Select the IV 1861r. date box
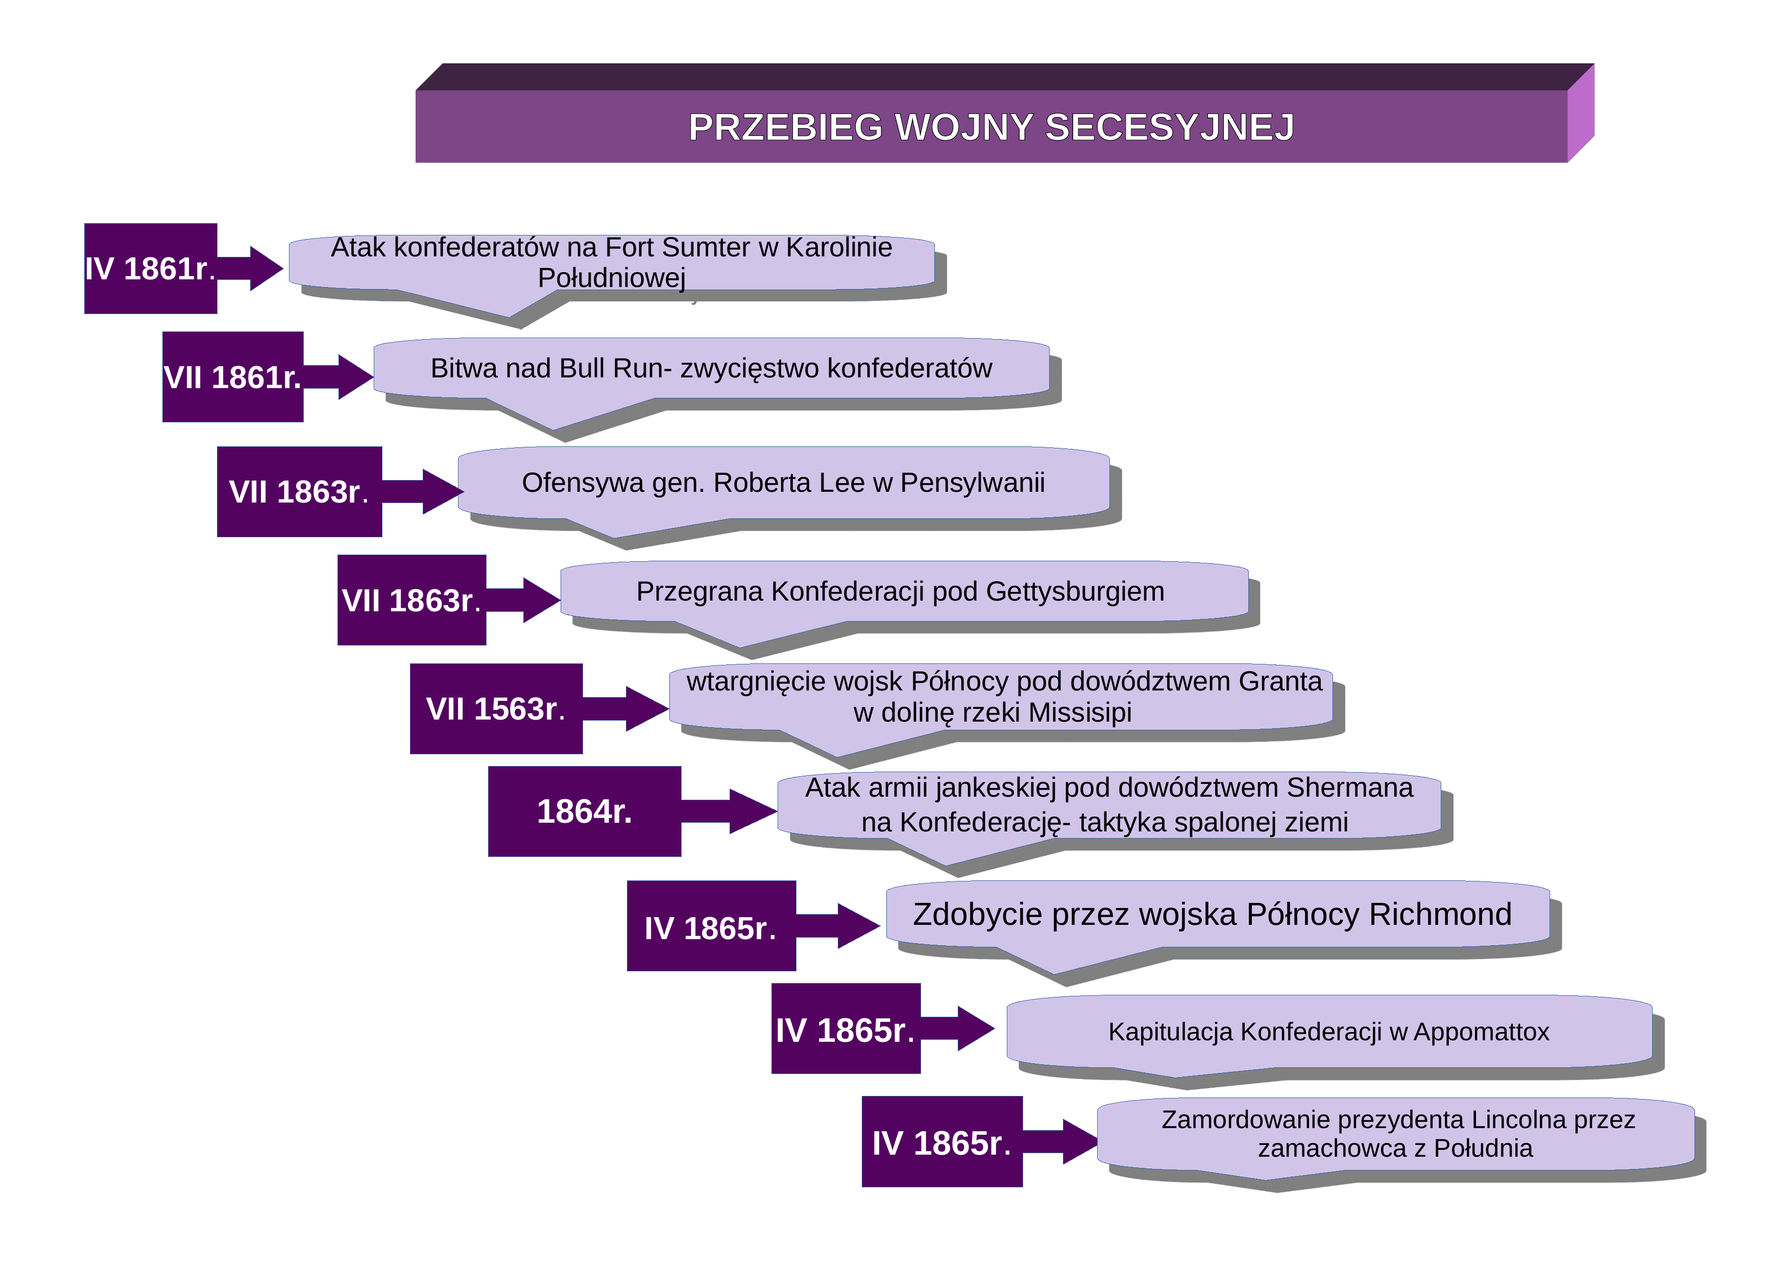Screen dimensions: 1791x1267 (151, 269)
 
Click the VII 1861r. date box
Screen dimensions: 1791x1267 (232, 377)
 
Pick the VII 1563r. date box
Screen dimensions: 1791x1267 (496, 708)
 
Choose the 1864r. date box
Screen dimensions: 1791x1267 (584, 811)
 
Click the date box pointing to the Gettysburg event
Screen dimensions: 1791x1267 (412, 600)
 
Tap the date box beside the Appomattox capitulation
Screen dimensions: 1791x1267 (845, 1029)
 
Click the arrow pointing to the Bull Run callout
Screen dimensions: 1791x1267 (338, 377)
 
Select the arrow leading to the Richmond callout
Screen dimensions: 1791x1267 (838, 926)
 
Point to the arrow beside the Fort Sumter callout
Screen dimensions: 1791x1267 (250, 269)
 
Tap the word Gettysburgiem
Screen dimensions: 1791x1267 (1075, 591)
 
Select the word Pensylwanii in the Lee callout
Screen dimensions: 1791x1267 (972, 483)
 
